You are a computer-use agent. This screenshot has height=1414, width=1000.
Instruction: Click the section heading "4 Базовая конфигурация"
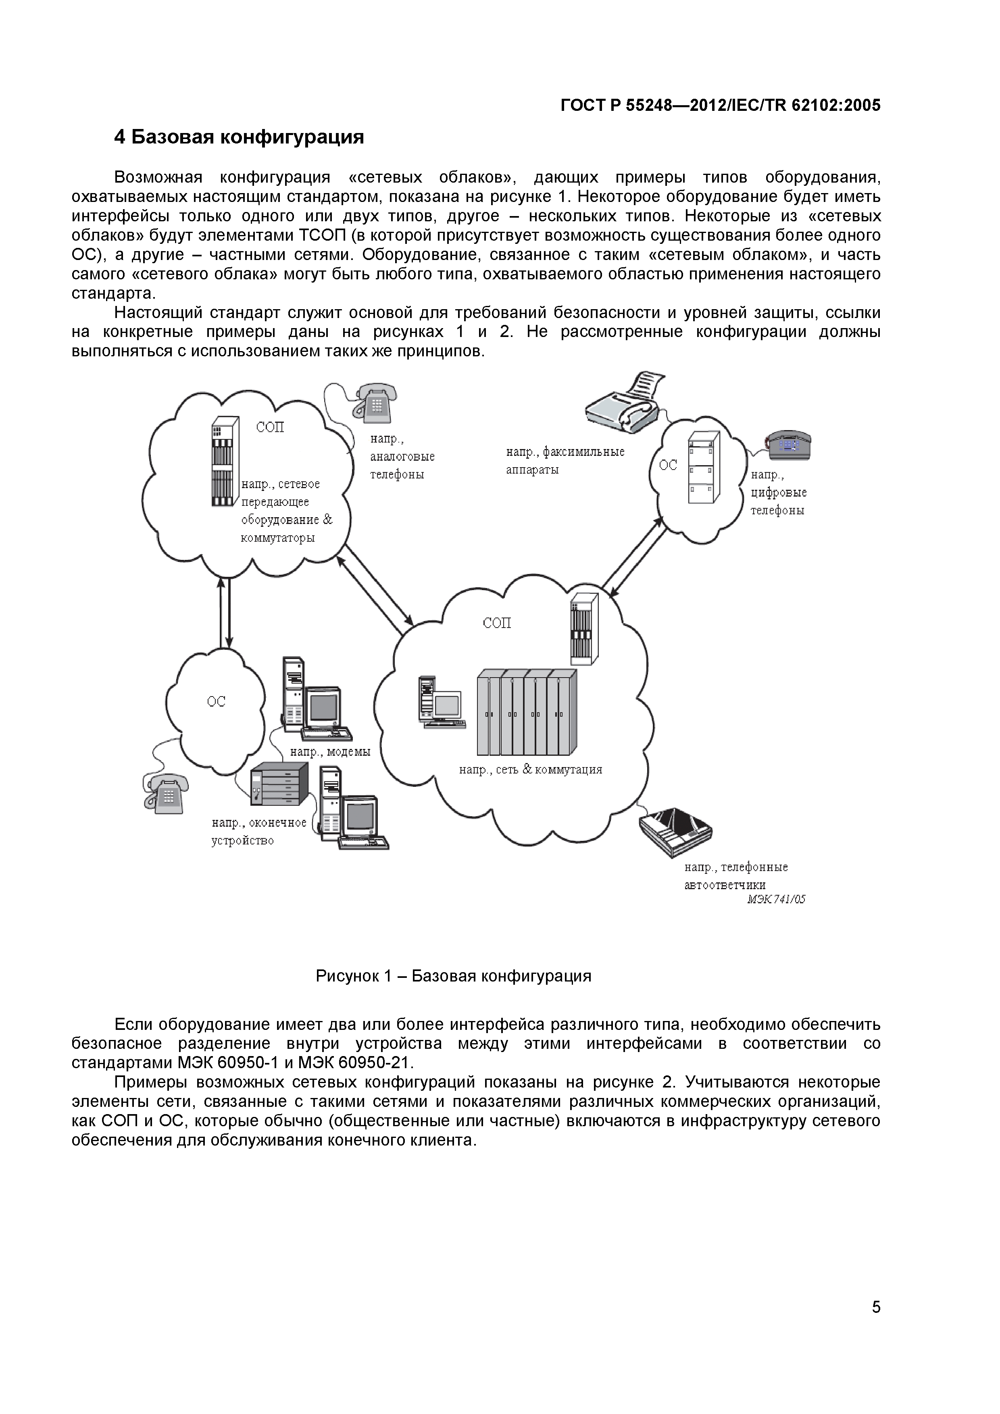pos(239,137)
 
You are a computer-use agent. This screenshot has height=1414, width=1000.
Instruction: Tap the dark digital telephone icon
pos(788,445)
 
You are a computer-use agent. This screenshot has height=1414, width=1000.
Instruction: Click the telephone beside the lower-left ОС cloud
pos(166,793)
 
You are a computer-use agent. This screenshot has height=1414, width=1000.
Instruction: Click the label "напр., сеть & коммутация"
pos(531,769)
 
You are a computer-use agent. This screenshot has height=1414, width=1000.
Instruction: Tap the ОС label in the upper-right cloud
pos(668,466)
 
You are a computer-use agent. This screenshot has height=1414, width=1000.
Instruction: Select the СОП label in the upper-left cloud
pos(270,427)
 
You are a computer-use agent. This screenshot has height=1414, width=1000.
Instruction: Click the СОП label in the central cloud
pos(497,623)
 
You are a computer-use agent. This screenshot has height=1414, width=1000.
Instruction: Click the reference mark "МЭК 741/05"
pos(776,899)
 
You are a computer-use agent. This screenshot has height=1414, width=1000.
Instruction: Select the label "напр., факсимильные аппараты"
pos(565,461)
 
